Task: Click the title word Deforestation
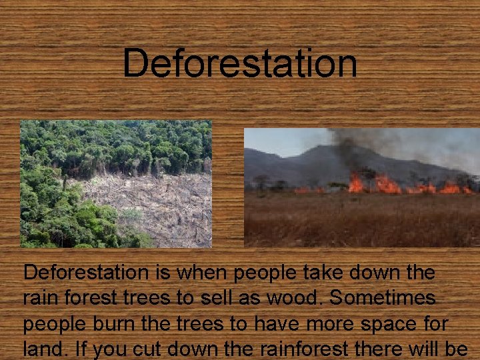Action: coord(240,64)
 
